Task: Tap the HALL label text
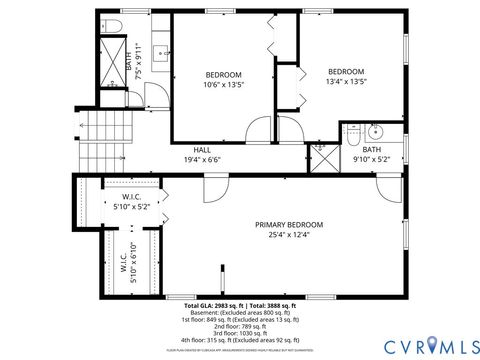pyautogui.click(x=202, y=149)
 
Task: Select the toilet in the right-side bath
pyautogui.click(x=355, y=132)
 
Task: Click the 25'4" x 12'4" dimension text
pyautogui.click(x=289, y=235)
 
